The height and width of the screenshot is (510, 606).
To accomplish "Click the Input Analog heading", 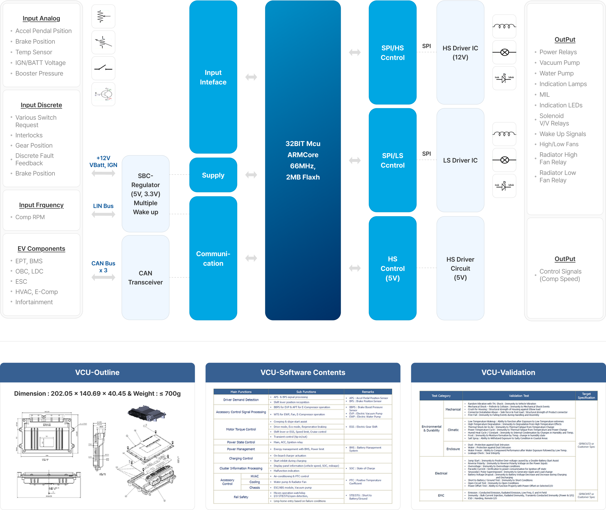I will click(x=41, y=19).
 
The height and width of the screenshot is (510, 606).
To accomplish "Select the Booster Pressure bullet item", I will click(x=39, y=73).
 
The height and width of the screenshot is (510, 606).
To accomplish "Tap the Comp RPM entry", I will click(x=30, y=217).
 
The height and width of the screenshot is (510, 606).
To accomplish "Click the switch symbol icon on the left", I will click(x=103, y=68).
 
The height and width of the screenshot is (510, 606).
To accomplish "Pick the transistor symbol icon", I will click(x=103, y=94).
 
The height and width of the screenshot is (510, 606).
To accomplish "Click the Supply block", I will click(x=213, y=175).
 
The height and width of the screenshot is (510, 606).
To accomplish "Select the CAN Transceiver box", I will click(x=145, y=278).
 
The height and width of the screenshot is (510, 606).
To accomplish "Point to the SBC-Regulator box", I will click(x=145, y=194).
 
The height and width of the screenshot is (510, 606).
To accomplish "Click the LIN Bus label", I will click(x=103, y=206).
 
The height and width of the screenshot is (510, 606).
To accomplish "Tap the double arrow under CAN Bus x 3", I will click(x=103, y=278).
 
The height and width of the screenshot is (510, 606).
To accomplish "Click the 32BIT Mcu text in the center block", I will click(x=302, y=144).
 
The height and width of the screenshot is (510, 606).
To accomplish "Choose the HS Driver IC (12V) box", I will click(x=460, y=53).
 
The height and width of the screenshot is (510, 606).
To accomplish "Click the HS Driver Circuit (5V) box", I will click(x=460, y=268).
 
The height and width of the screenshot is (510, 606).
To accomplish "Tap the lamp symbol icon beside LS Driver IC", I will click(x=504, y=160).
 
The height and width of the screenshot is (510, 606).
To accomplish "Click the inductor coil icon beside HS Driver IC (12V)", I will click(x=504, y=26).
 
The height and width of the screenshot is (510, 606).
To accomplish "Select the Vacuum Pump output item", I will click(x=559, y=63).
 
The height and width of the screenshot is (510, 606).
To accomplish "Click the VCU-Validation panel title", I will click(x=508, y=372).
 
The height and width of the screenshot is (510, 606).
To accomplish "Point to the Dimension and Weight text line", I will click(x=97, y=394).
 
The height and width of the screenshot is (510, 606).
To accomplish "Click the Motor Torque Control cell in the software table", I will click(x=241, y=429).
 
